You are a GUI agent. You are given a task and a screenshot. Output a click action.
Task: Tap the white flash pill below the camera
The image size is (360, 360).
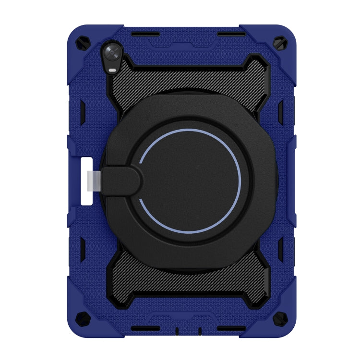click(x=112, y=71)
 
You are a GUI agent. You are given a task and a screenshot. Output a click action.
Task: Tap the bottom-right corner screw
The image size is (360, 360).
click(x=279, y=317)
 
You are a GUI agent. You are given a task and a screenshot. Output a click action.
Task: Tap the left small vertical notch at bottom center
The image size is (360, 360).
click(x=177, y=331)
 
